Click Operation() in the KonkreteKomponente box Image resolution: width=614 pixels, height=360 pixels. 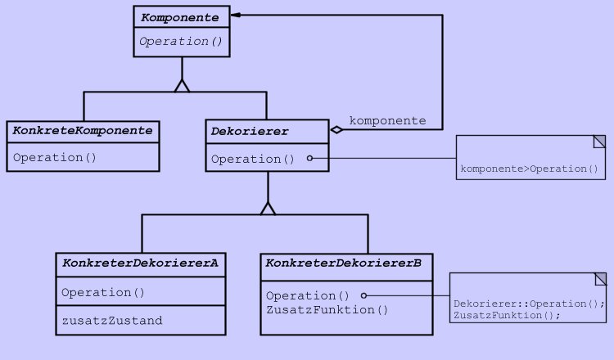tap(55, 156)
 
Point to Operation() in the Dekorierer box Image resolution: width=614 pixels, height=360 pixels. tap(253, 159)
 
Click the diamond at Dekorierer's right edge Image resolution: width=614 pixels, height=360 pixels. tap(336, 129)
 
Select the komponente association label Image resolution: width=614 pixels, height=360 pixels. tap(387, 120)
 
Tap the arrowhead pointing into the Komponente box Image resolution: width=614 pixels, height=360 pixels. tap(234, 16)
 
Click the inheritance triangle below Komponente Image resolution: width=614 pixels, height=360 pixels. tap(182, 84)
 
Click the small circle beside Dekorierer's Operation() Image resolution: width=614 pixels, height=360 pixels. tap(309, 159)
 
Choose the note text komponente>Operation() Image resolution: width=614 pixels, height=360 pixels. tap(530, 169)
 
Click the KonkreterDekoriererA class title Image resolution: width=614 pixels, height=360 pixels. tap(141, 263)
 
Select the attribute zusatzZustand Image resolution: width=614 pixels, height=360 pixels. tap(112, 320)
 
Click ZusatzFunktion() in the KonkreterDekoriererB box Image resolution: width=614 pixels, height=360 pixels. tap(327, 309)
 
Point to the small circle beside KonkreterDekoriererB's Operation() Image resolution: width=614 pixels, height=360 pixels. tap(363, 295)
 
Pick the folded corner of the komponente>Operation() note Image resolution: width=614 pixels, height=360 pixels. tap(599, 141)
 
